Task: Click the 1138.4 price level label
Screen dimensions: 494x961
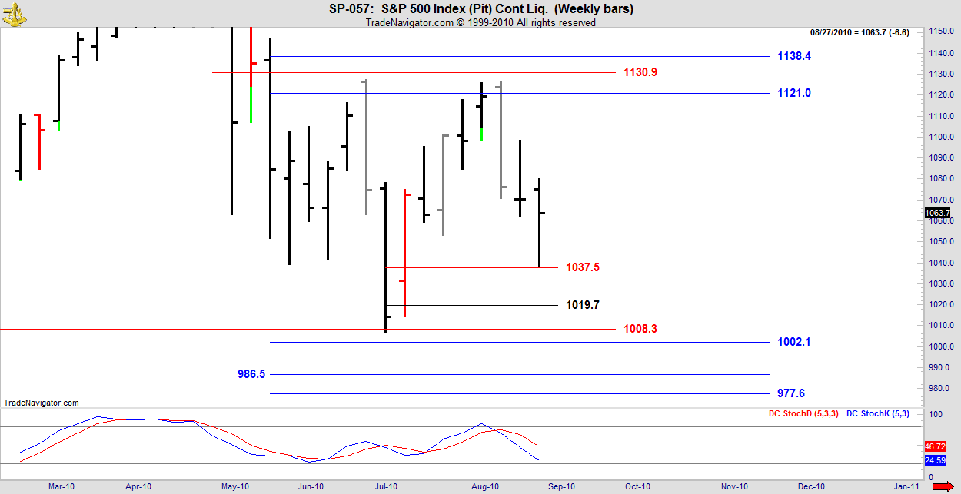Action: click(794, 56)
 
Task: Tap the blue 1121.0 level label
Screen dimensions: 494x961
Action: click(794, 93)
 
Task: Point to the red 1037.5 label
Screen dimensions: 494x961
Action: click(582, 267)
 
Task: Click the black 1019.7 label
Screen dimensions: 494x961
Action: click(582, 305)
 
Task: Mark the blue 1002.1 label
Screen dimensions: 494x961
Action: click(794, 342)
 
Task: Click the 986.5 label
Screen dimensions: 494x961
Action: click(251, 374)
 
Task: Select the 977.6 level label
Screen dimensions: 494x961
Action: click(791, 393)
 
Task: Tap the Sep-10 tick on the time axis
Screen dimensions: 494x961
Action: click(561, 486)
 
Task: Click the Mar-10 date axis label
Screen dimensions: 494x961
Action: click(62, 486)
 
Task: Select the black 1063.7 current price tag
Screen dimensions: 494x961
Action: click(938, 213)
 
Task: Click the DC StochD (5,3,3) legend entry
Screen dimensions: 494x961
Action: click(803, 414)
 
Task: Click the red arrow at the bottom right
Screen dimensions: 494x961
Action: click(943, 486)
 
